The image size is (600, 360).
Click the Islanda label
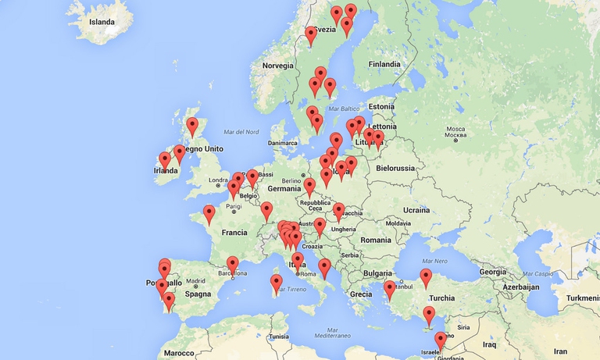[x=102, y=22]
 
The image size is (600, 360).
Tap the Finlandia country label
[x=384, y=64]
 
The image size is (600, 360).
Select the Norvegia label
[x=277, y=66]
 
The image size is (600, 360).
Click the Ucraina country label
[x=416, y=210]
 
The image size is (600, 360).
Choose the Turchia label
[x=442, y=298]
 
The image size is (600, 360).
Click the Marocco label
[x=179, y=353]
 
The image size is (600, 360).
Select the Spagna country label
[x=198, y=294]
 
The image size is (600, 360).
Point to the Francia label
[x=234, y=233]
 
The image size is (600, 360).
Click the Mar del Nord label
[x=241, y=132]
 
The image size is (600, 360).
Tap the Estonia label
[x=381, y=106]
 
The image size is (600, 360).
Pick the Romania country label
[x=376, y=240]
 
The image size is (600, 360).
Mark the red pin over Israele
[x=441, y=341]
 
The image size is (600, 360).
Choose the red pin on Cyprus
[x=429, y=315]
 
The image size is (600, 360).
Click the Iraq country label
[x=490, y=344]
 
